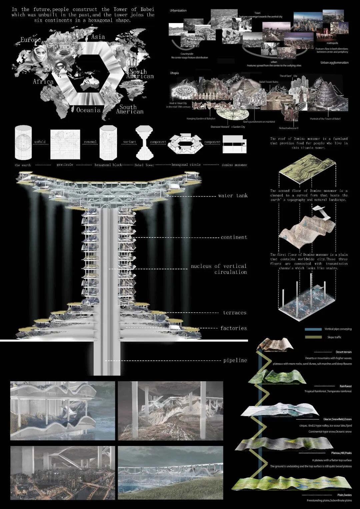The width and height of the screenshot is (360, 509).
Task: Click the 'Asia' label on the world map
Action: tap(98, 37)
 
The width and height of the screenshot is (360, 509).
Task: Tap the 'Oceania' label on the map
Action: tap(88, 110)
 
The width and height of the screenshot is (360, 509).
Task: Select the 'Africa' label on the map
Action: tap(43, 82)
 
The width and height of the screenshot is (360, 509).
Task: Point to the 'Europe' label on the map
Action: tap(31, 40)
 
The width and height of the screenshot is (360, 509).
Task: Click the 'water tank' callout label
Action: tap(233, 196)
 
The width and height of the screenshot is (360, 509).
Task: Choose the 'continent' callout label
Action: tap(234, 237)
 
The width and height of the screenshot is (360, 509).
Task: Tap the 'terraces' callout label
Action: tap(235, 313)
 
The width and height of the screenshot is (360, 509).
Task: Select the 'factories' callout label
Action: tap(233, 328)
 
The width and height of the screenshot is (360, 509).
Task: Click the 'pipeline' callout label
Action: tap(235, 361)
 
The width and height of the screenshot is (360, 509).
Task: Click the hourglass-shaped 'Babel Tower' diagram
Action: tap(144, 142)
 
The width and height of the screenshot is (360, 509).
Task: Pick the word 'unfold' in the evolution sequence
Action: tap(40, 142)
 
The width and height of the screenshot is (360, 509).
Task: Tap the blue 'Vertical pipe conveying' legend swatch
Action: tap(313, 329)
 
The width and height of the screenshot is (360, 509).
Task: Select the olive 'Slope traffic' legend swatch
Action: tap(313, 337)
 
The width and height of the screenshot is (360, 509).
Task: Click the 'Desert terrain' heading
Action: tap(343, 352)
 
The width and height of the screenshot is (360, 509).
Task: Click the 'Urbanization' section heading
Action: tap(178, 11)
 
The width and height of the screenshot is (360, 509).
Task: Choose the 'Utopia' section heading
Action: tap(174, 73)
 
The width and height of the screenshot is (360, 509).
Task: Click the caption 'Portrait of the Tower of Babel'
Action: tap(325, 119)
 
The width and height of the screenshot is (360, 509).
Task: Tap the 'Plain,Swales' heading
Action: tap(344, 495)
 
